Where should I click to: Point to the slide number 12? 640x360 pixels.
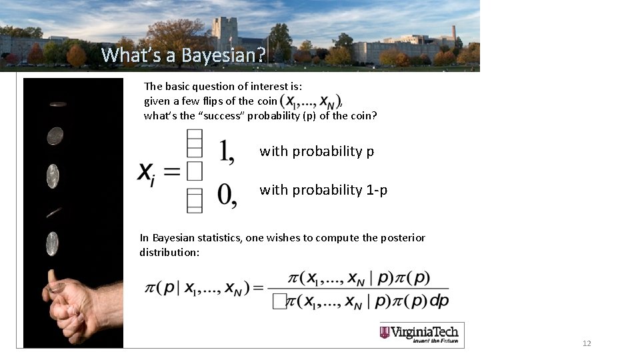point(587,343)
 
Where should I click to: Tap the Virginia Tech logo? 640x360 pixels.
point(422,334)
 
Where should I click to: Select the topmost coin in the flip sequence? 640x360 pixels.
point(58,104)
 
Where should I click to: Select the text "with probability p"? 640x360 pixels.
point(317,151)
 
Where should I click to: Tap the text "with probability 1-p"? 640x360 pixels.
point(323,190)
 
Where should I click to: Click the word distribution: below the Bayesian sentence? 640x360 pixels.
point(169,253)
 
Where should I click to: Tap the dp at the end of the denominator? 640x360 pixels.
point(439,301)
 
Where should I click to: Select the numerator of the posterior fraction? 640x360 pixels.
point(359,278)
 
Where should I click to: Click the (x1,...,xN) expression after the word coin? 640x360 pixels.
point(310,101)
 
